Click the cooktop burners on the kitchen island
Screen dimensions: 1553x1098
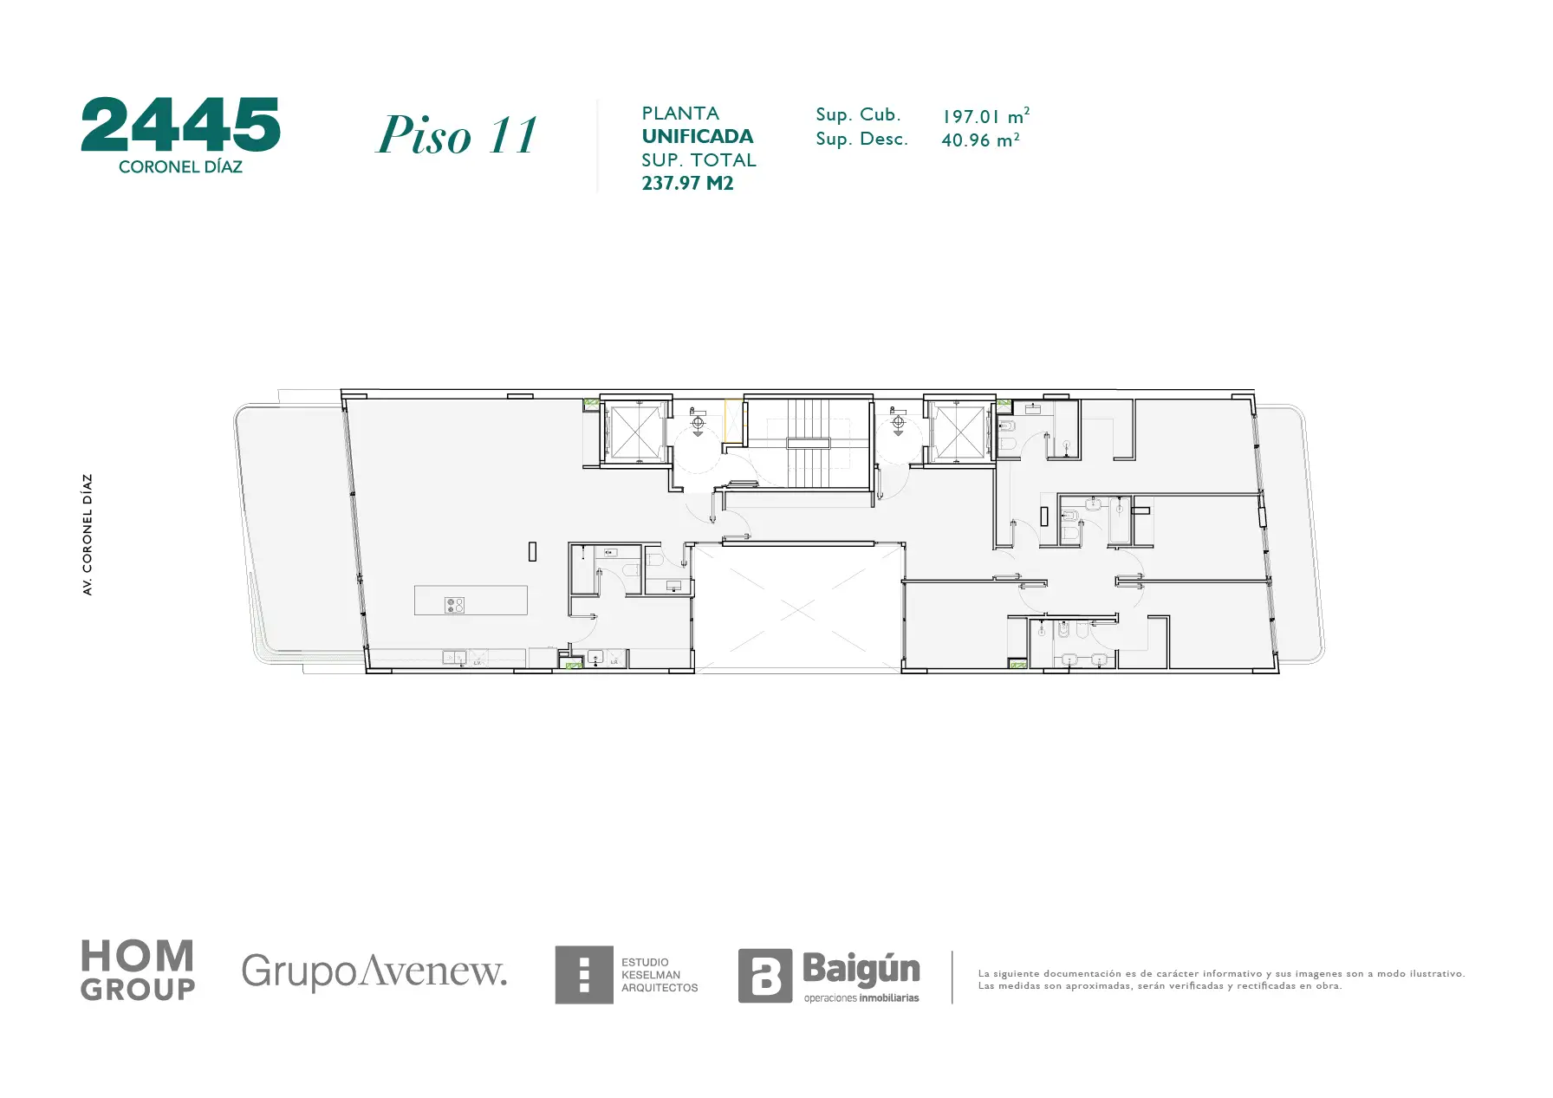coord(455,605)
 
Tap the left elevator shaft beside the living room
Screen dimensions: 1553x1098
coord(636,431)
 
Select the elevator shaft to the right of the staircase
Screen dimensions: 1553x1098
coord(958,431)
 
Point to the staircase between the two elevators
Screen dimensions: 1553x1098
coord(809,443)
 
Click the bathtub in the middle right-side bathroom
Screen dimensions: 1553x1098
coord(1120,520)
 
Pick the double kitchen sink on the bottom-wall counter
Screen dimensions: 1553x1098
coord(454,658)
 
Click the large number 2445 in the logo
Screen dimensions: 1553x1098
coord(180,125)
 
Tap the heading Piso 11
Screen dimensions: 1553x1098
coord(457,135)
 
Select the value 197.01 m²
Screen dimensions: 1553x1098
coord(985,115)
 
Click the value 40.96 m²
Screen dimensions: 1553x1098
coord(980,140)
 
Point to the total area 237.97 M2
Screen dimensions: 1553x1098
coord(687,183)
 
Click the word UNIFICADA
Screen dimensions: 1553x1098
coord(698,136)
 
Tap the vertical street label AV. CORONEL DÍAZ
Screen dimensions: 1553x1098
coord(88,535)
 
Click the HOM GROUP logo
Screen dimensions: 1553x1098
coord(138,971)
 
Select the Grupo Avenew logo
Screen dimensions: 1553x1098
coord(374,971)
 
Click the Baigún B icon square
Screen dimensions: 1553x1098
coord(765,976)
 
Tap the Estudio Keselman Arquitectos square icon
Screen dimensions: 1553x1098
coord(584,975)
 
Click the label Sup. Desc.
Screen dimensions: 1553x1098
coord(861,139)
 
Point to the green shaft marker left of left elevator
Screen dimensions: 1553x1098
coord(591,403)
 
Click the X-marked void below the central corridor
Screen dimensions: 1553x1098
coord(798,608)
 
